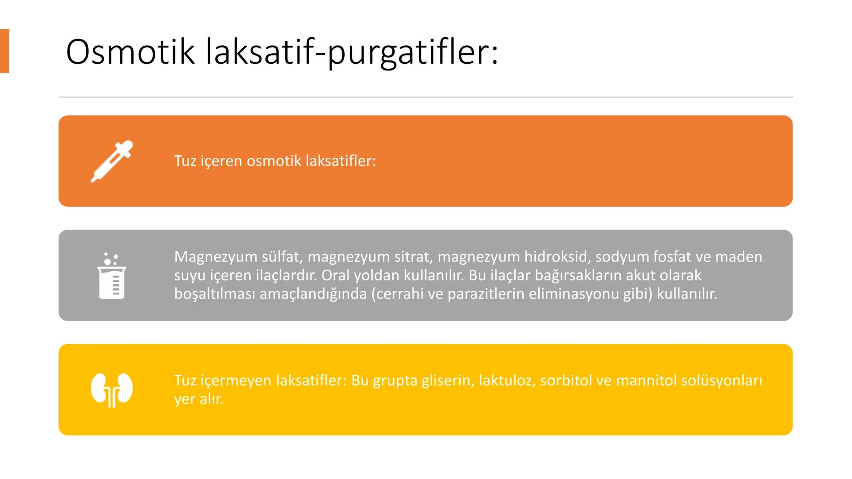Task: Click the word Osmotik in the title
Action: (x=130, y=52)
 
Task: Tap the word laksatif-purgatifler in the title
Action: (x=352, y=53)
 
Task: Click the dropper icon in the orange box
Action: (x=112, y=161)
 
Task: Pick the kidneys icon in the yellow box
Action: (x=112, y=389)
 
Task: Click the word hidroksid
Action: (x=556, y=257)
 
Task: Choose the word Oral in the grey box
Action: (x=336, y=275)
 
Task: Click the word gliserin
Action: (x=446, y=381)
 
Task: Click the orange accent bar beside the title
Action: (x=4, y=51)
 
